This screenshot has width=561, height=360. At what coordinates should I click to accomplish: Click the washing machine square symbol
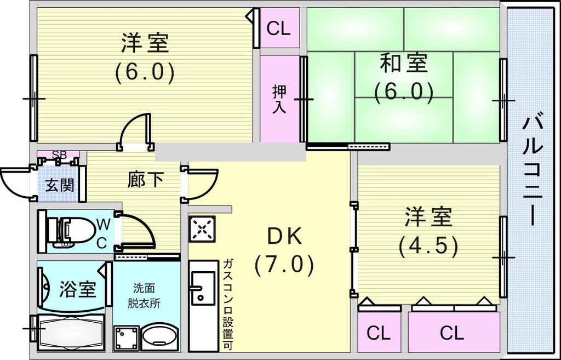click(126, 336)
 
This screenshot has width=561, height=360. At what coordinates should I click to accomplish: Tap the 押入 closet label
click(279, 99)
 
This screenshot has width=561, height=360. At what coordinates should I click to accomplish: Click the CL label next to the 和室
click(278, 28)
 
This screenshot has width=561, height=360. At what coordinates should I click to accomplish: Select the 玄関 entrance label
click(59, 185)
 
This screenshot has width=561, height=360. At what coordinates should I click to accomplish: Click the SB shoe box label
click(59, 155)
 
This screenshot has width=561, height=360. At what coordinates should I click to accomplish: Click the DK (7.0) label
click(284, 250)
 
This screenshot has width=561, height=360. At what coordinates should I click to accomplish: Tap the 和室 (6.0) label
click(404, 77)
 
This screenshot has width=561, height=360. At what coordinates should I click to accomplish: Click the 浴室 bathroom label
click(77, 289)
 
